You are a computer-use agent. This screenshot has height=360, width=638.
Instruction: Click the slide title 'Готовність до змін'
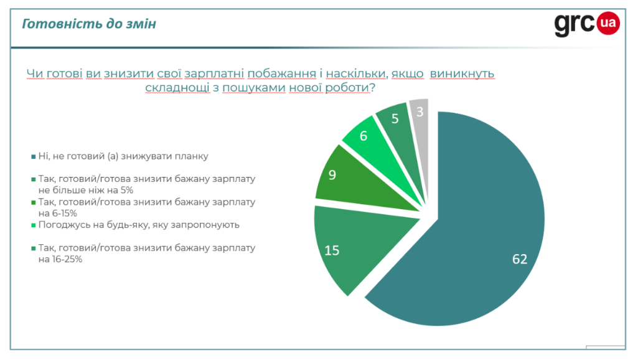89,24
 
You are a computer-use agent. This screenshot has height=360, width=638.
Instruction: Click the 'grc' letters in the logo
574,25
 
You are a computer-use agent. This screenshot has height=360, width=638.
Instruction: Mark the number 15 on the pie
332,250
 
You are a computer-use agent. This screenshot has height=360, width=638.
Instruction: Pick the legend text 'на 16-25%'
60,260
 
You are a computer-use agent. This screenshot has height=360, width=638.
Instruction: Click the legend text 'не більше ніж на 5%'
85,189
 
